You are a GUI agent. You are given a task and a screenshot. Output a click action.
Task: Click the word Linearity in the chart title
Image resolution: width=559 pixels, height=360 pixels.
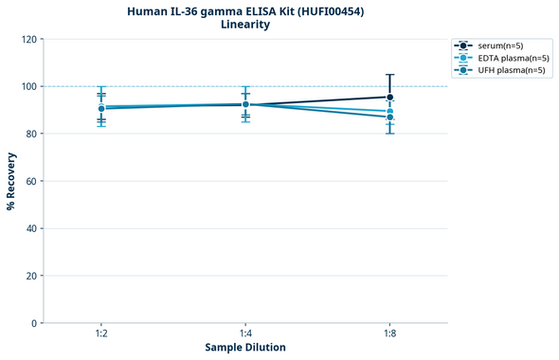coord(245,25)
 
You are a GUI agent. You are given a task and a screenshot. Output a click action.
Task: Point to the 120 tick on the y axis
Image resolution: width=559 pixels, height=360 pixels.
coord(29,39)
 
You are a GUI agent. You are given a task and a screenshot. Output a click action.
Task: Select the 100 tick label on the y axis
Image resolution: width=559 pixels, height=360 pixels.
coord(29,86)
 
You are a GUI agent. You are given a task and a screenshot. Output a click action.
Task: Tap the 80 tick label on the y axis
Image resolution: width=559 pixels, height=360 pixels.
coord(31,134)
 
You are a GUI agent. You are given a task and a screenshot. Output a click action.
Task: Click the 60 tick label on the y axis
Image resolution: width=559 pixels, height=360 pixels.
coord(31,181)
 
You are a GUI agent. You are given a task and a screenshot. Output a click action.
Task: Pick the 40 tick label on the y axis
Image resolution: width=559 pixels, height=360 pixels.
coord(31,228)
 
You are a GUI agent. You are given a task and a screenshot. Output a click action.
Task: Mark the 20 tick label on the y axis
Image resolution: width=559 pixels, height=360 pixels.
coord(31,276)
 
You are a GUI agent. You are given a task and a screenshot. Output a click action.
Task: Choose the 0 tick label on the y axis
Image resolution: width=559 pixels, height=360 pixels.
coord(34,323)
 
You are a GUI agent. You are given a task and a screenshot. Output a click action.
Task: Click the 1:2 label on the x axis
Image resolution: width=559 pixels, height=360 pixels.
coord(101,334)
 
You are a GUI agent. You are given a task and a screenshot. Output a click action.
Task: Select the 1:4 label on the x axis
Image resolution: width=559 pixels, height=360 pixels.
coord(245,334)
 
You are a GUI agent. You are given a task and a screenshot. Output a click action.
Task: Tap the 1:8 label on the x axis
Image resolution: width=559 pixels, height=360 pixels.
coord(390,334)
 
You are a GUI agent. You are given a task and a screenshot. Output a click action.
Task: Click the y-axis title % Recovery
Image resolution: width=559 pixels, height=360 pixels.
coord(11,181)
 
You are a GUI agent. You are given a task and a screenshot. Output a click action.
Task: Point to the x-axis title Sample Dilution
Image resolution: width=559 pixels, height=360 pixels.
coord(245,348)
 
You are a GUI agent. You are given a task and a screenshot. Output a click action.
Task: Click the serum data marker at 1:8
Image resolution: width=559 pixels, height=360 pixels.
coord(390,97)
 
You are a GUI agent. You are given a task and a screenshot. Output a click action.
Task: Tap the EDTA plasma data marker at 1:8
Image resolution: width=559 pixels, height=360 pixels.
coord(390,112)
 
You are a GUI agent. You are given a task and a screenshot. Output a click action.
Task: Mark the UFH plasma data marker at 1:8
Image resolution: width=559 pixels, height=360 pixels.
coord(390,117)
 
